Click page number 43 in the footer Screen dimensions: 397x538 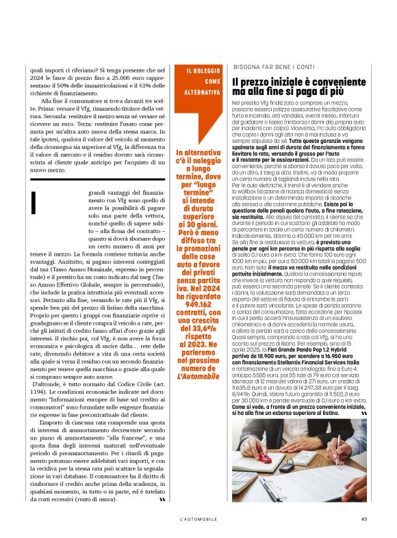point(364,518)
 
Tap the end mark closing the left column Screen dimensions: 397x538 point(162,499)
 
